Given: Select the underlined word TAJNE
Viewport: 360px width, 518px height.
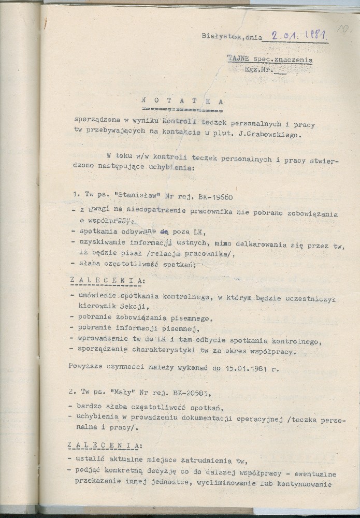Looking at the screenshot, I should (238, 60).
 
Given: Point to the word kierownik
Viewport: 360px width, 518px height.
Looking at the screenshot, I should (95, 307).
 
